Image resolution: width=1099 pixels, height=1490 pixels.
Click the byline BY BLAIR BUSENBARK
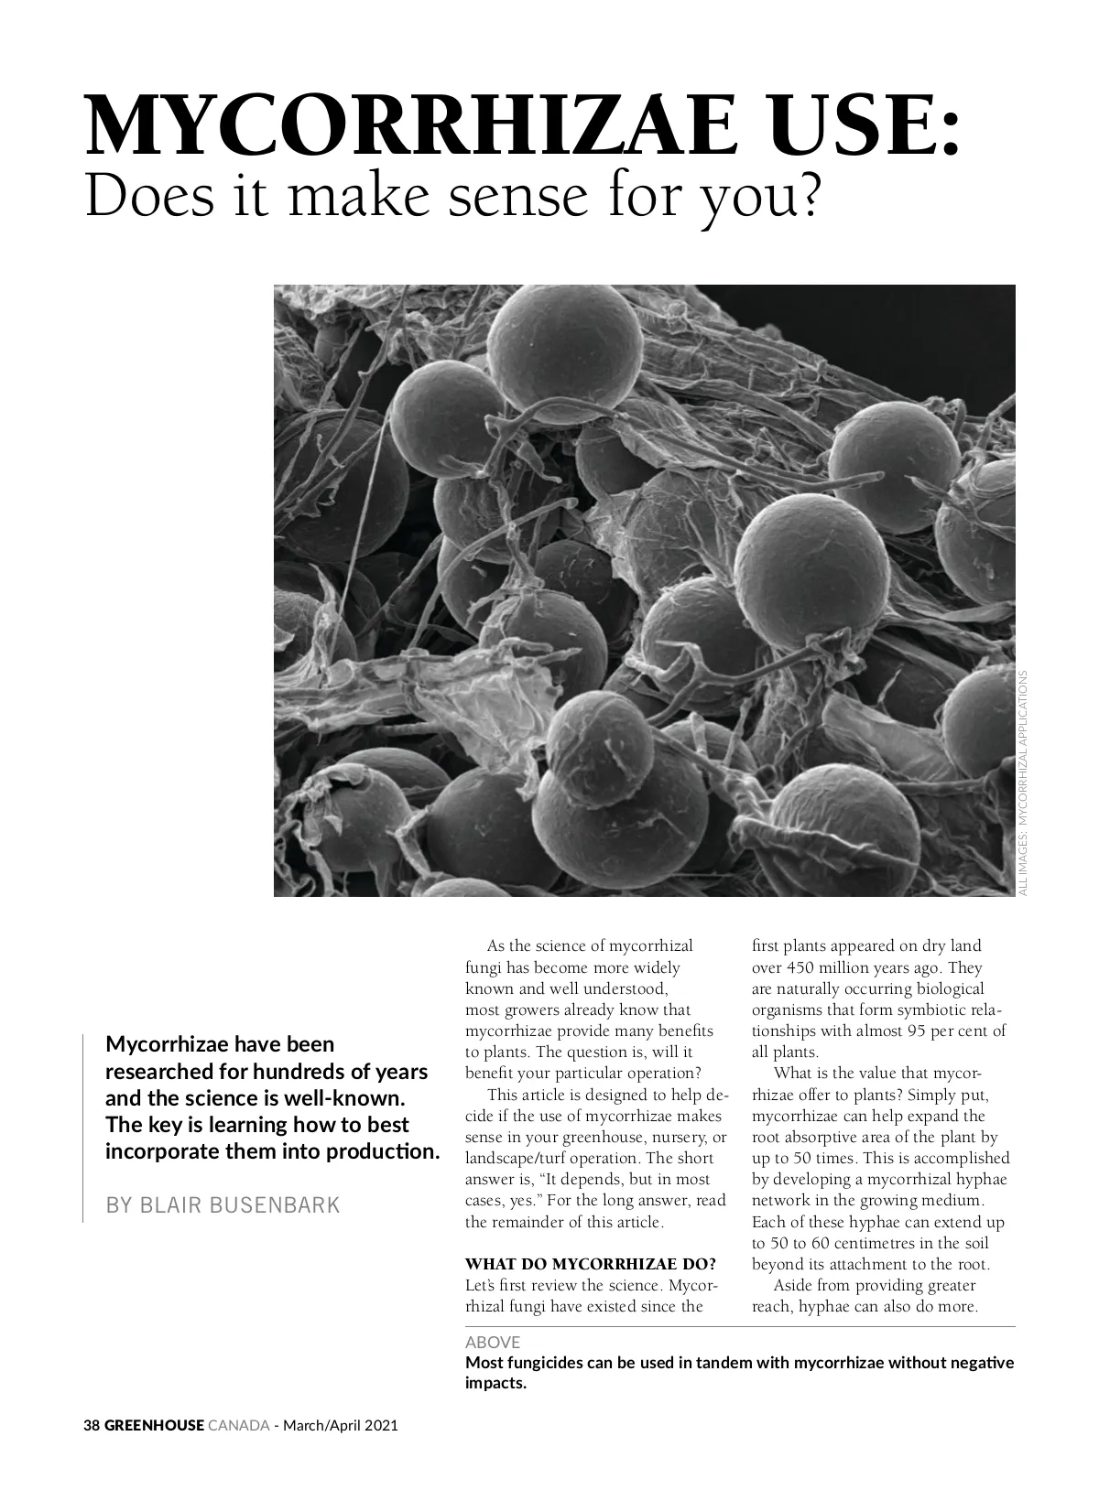(x=223, y=1205)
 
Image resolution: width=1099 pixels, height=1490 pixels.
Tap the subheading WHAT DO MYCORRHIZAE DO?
(x=591, y=1265)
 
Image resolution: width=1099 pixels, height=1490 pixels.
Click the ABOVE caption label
(x=493, y=1342)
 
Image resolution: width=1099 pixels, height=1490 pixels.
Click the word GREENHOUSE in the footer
(x=153, y=1425)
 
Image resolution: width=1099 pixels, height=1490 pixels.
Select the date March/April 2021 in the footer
(x=341, y=1425)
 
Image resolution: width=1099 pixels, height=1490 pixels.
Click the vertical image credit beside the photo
(x=1023, y=783)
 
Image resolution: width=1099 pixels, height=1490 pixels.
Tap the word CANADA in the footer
(x=239, y=1425)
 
